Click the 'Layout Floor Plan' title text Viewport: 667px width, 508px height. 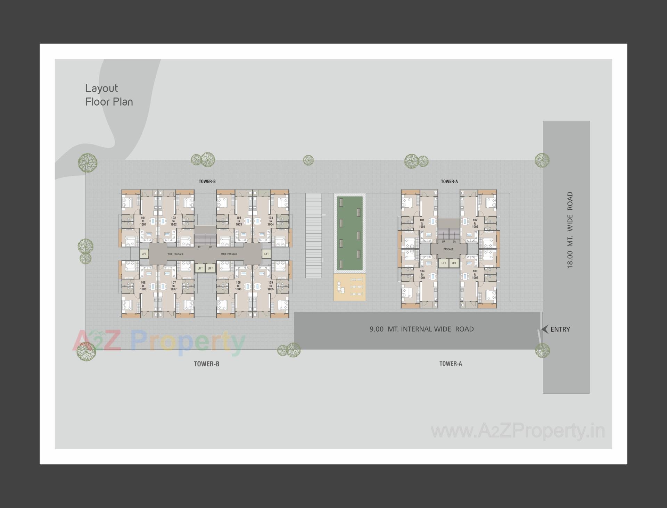109,95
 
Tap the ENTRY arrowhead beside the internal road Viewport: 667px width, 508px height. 545,329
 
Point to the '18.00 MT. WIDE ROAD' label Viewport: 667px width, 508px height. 570,230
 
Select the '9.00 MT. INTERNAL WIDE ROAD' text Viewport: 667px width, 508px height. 421,329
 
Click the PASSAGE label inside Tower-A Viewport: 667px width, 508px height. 448,249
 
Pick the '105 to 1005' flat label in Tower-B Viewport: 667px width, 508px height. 270,286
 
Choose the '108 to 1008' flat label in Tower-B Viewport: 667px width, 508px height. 143,286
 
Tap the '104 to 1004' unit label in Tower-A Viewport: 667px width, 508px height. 422,274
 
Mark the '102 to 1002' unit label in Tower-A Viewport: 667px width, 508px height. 475,223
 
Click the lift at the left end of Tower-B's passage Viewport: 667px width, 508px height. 144,254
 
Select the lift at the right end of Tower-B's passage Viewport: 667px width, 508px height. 266,254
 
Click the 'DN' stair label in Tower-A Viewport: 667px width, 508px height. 454,242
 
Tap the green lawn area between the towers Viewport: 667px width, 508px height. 349,233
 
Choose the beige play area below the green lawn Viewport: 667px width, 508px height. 349,287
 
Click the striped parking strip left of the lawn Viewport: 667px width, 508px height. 313,235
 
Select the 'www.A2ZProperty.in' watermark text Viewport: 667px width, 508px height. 518,431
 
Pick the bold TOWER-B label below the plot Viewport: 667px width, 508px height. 206,364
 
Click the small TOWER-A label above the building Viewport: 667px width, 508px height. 449,181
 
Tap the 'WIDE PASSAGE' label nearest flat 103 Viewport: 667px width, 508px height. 229,254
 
